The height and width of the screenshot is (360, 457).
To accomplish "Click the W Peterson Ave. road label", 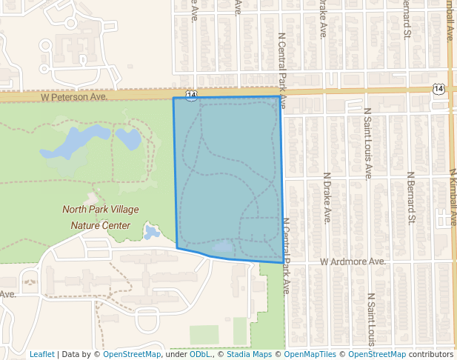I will click(x=74, y=97).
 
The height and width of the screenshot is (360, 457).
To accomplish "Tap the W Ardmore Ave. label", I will click(x=353, y=261).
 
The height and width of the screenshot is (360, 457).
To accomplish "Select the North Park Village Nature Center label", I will click(x=100, y=218).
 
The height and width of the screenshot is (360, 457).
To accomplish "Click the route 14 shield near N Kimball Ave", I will click(x=438, y=88).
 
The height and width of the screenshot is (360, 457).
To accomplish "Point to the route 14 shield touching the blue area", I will click(x=192, y=96).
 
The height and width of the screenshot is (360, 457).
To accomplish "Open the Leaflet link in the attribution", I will click(x=41, y=354).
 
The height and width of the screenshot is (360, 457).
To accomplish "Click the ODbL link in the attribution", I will click(x=199, y=354).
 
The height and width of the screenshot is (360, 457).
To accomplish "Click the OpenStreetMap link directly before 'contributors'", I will click(x=376, y=354).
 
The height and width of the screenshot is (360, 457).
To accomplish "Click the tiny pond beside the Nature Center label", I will click(x=152, y=233).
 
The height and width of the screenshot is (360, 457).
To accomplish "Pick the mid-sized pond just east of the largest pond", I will click(x=127, y=137).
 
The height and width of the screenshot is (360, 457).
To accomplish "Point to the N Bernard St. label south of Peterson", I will click(x=411, y=198).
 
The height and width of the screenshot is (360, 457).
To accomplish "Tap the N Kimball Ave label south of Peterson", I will click(x=453, y=196).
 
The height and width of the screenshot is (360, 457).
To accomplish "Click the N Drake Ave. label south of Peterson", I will click(x=326, y=198).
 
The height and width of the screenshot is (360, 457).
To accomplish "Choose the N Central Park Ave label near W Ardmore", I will click(x=286, y=256).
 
